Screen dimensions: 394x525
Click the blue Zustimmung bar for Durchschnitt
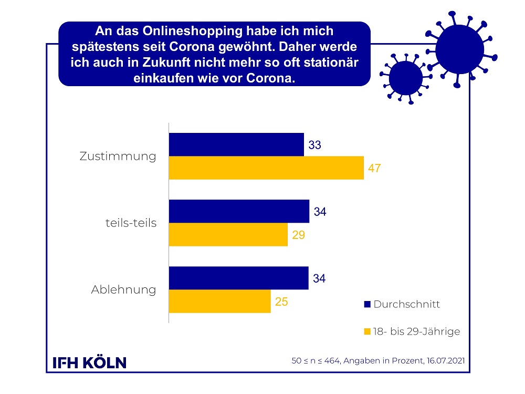pyautogui.click(x=236, y=144)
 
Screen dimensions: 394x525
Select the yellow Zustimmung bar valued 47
pyautogui.click(x=266, y=168)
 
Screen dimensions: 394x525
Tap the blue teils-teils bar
pyautogui.click(x=239, y=211)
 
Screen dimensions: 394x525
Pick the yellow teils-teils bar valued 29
pyautogui.click(x=228, y=235)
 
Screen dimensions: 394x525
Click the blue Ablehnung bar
pyautogui.click(x=238, y=278)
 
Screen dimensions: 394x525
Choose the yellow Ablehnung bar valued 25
pyautogui.click(x=219, y=302)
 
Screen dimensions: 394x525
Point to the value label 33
pyautogui.click(x=315, y=145)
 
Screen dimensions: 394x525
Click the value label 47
pyautogui.click(x=374, y=169)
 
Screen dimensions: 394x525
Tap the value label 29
pyautogui.click(x=298, y=235)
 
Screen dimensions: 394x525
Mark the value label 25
pyautogui.click(x=281, y=302)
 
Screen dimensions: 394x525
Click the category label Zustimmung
pyautogui.click(x=118, y=157)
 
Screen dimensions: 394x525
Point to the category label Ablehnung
pyautogui.click(x=124, y=289)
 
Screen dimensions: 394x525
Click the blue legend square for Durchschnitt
pyautogui.click(x=367, y=304)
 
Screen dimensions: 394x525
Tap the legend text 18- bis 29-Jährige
pyautogui.click(x=417, y=331)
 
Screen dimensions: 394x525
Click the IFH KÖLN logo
pyautogui.click(x=90, y=362)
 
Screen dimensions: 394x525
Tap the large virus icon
pyautogui.click(x=459, y=49)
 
